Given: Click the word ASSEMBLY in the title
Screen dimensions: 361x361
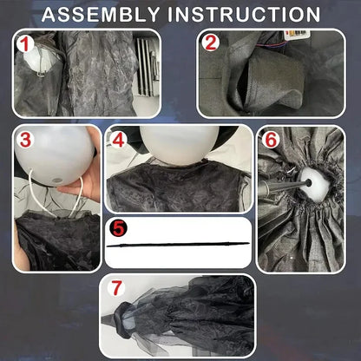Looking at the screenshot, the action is (102, 14).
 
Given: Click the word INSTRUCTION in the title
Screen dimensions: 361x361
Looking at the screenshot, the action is (244, 14).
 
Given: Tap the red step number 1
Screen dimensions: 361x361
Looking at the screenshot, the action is (26, 44).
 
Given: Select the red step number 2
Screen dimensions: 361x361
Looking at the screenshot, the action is (211, 43).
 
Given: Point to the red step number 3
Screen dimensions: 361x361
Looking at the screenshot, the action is (25, 140).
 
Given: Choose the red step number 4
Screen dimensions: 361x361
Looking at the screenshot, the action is (118, 140).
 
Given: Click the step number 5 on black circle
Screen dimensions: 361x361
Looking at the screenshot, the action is (118, 228).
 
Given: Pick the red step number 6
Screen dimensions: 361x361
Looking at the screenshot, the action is (271, 140).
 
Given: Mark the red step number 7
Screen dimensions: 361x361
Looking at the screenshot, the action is (117, 288).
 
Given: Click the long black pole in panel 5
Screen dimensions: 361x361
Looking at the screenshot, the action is (178, 245).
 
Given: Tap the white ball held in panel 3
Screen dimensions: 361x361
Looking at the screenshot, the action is (55, 155).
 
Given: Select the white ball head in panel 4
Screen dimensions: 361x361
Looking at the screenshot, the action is (180, 145).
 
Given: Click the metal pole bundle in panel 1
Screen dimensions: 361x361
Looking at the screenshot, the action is (148, 67).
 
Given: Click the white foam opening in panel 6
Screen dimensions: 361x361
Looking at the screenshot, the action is (314, 185).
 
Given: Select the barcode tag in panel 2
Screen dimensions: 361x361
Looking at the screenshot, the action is (298, 33).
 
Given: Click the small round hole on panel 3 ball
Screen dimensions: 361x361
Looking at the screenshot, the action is (56, 180).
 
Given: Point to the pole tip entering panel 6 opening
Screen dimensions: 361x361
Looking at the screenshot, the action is (308, 182).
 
